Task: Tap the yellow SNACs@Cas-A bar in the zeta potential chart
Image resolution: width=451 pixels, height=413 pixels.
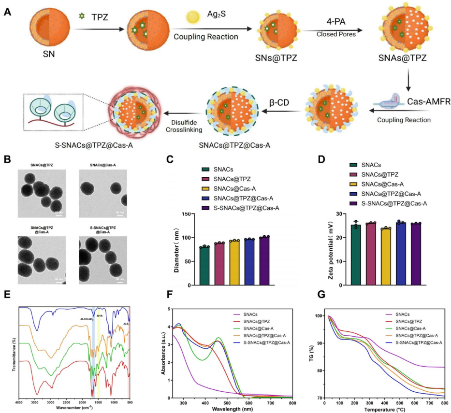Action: pos(385,256)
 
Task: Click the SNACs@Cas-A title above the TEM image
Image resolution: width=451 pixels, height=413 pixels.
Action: pos(103,166)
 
